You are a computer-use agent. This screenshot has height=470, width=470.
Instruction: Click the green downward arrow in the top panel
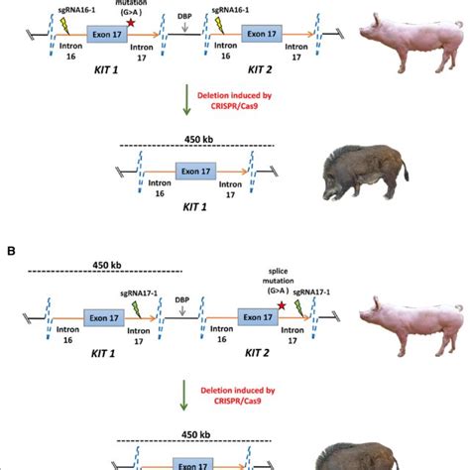point(185,101)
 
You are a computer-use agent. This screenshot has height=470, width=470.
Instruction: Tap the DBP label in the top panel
point(181,17)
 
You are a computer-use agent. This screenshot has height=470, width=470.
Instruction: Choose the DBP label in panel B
point(181,298)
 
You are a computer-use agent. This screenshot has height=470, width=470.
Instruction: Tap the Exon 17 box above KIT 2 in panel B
point(258,317)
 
